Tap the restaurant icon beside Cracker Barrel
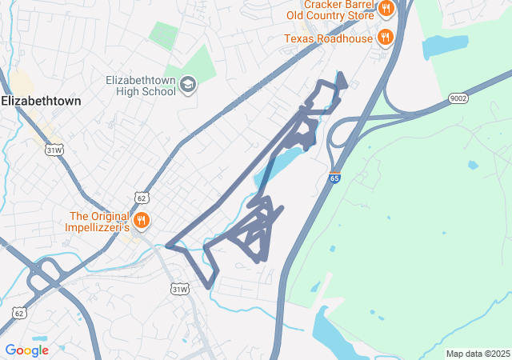click(386, 9)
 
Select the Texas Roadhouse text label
click(328, 38)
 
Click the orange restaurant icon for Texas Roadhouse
click(385, 37)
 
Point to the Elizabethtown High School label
click(141, 86)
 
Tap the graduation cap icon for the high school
click(188, 85)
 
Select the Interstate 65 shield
click(334, 178)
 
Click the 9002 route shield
click(458, 98)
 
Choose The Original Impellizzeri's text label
click(97, 222)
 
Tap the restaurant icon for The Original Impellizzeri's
click(142, 220)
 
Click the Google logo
click(26, 350)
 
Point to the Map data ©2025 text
click(478, 354)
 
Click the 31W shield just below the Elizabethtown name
click(54, 150)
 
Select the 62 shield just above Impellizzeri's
click(141, 198)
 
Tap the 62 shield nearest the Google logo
click(18, 312)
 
